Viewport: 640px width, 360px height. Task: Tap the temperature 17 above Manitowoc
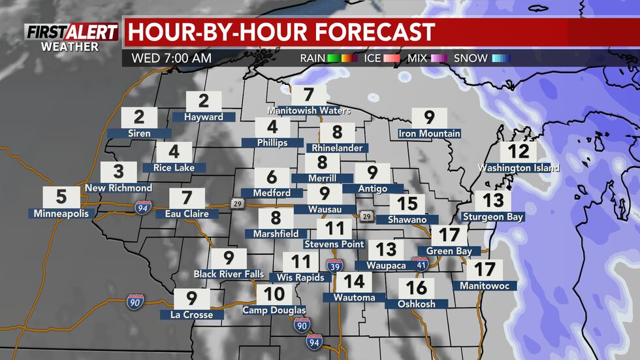[485, 269]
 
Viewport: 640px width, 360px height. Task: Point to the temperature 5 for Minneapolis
[61, 196]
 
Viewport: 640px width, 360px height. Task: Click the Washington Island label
[519, 168]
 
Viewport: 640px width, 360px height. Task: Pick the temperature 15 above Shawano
[408, 203]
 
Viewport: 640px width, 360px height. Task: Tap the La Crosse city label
[192, 315]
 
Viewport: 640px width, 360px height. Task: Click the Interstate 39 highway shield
[332, 265]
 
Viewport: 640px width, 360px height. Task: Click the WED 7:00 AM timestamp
[171, 58]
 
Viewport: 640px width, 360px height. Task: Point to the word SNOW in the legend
[470, 58]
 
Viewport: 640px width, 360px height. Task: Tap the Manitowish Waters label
[309, 110]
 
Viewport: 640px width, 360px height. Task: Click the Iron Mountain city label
[430, 134]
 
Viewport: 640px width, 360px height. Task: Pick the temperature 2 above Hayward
[204, 101]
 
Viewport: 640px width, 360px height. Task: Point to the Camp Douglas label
[274, 310]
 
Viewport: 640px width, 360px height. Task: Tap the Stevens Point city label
[334, 244]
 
